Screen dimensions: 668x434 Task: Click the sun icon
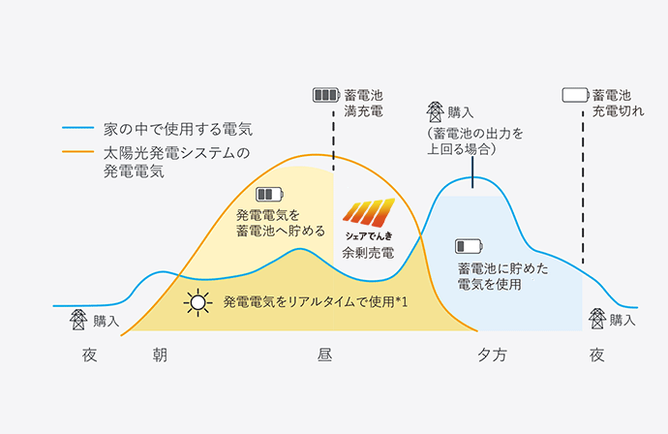pos(198,302)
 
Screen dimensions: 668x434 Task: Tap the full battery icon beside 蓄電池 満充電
pos(326,95)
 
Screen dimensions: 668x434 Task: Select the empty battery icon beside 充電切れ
pos(576,95)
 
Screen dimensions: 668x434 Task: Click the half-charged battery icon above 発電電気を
pos(270,195)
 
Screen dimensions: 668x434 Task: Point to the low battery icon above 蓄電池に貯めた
pos(469,246)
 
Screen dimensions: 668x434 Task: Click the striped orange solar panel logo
pos(369,213)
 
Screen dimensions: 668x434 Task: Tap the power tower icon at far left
pos(78,320)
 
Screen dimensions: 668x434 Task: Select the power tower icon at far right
pos(597,319)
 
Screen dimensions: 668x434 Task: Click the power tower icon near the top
pos(435,111)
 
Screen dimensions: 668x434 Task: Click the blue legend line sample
pos(78,128)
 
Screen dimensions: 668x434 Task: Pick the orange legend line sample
pos(78,151)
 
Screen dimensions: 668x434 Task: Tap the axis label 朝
pos(160,355)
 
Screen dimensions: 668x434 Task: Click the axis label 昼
pos(324,355)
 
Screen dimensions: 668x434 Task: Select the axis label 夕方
pos(492,355)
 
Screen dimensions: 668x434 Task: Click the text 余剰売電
pos(368,253)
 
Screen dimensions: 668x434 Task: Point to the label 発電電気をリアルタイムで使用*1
pos(316,302)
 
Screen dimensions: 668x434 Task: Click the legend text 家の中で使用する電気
pos(178,129)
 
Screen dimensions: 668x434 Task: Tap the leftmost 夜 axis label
pos(89,355)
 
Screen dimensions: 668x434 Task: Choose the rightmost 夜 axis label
pos(597,355)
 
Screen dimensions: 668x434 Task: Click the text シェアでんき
pos(369,235)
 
